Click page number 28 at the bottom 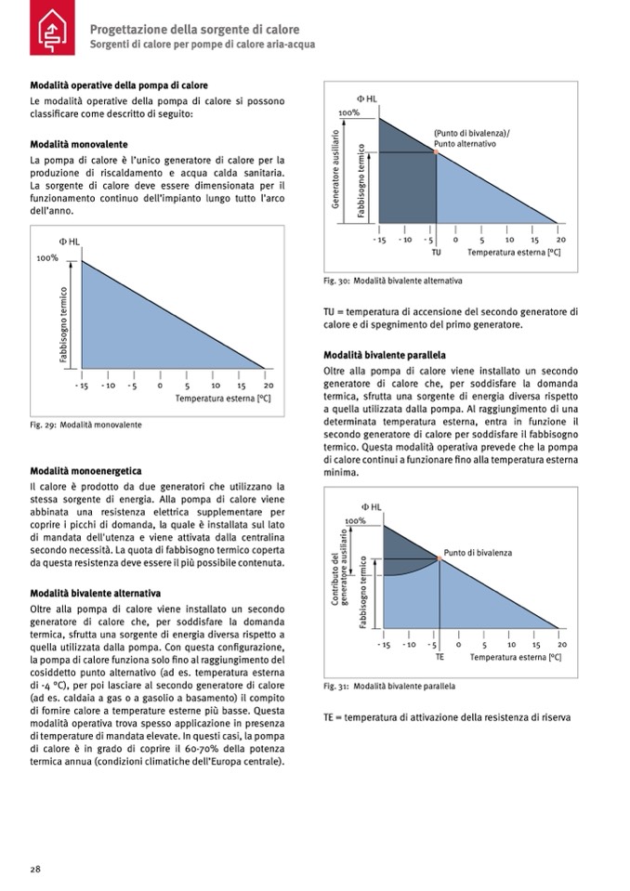point(35,869)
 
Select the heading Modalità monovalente point(79,145)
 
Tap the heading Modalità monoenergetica point(85,471)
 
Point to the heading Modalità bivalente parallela point(384,355)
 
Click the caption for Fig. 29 point(85,425)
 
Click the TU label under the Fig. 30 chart point(437,252)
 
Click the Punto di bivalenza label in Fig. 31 point(478,553)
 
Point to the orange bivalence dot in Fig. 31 point(438,558)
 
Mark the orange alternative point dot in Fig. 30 point(436,151)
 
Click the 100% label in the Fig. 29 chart point(47,258)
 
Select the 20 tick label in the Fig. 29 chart point(268,385)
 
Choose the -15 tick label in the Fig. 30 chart point(379,239)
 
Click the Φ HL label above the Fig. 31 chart point(370,506)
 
